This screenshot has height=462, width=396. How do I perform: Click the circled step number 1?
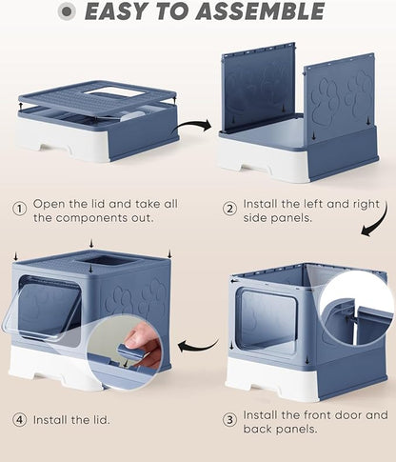coord(20,208)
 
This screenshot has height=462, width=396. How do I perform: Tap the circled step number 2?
coord(229,208)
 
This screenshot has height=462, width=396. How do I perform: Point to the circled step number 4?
coord(20,419)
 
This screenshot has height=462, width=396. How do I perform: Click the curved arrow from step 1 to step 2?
coord(193,124)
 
